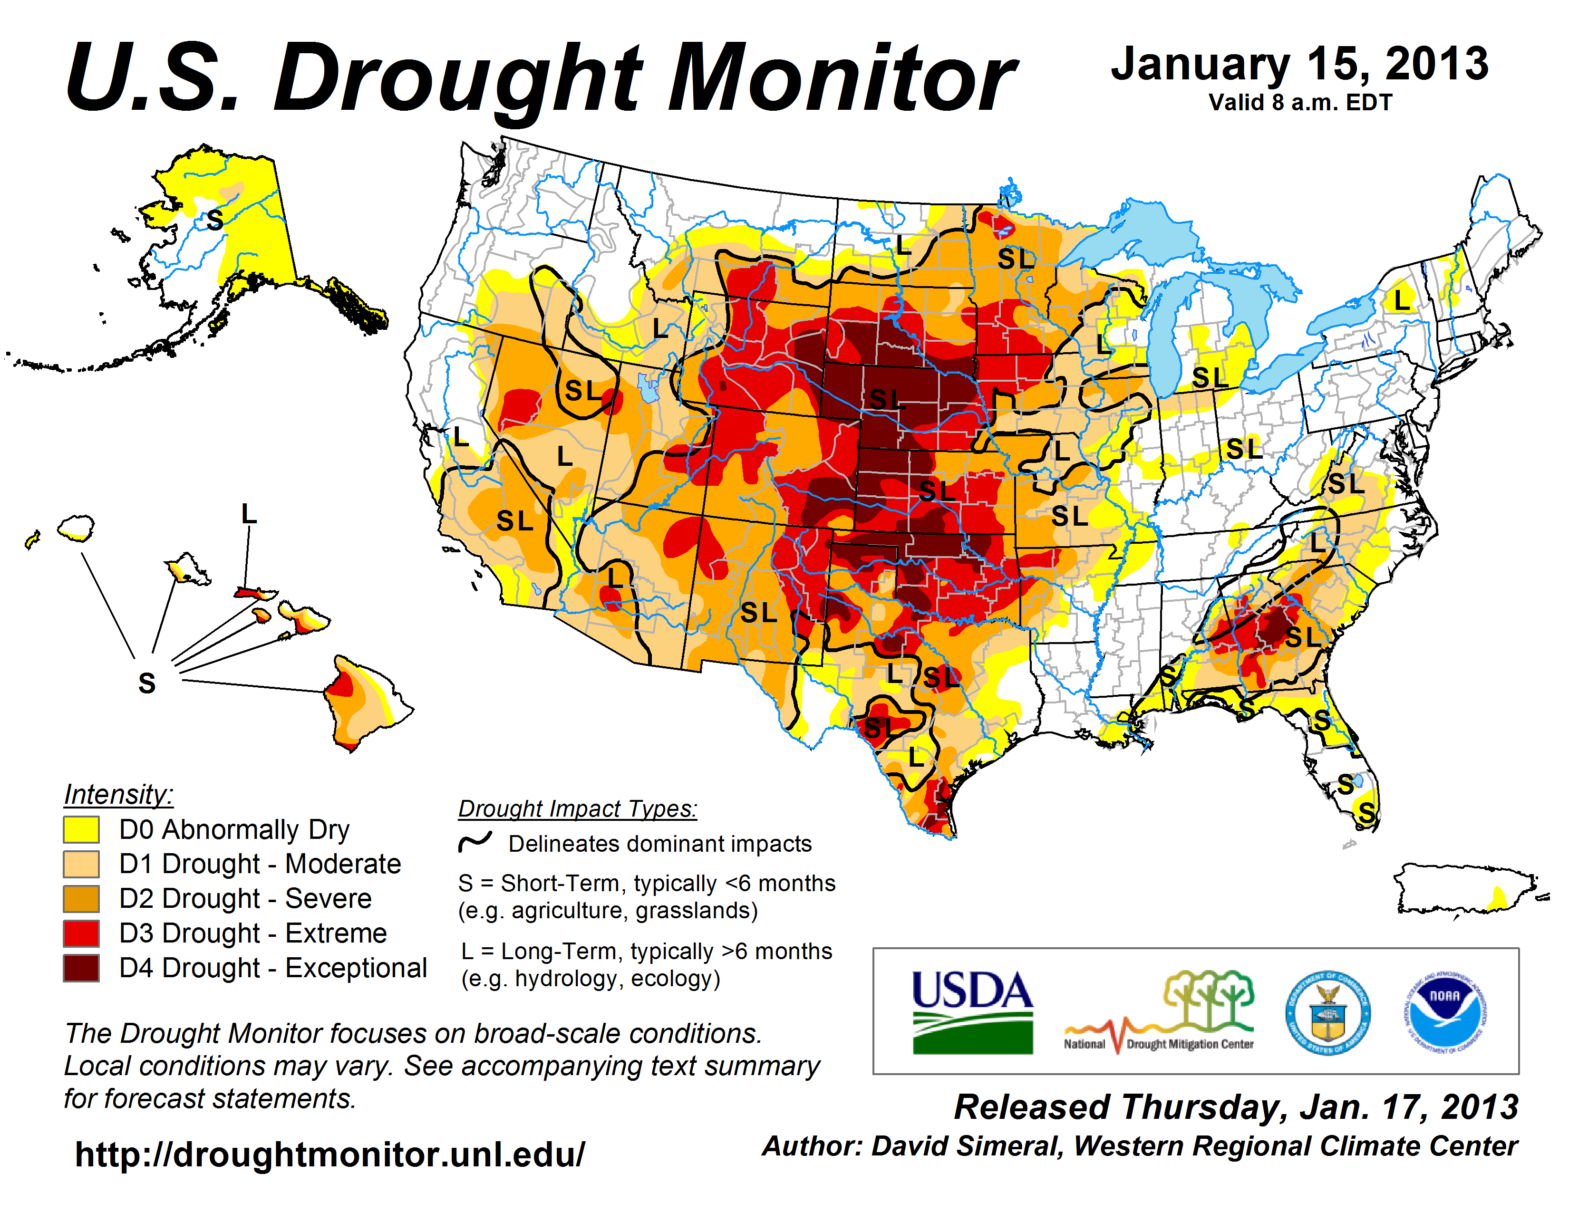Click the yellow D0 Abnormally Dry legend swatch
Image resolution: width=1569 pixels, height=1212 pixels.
pos(81,829)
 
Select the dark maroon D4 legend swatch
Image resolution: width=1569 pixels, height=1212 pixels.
pos(81,968)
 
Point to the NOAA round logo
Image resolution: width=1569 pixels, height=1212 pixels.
pos(1445,1012)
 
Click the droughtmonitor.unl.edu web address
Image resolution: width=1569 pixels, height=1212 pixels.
pos(330,1154)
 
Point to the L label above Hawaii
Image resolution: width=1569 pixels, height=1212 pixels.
pos(249,514)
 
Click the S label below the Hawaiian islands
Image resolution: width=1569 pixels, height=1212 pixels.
pos(146,683)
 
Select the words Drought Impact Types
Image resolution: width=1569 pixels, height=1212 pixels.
pos(578,808)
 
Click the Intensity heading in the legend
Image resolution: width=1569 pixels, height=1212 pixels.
pos(118,795)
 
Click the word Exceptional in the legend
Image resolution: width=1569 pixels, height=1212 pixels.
pos(356,968)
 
